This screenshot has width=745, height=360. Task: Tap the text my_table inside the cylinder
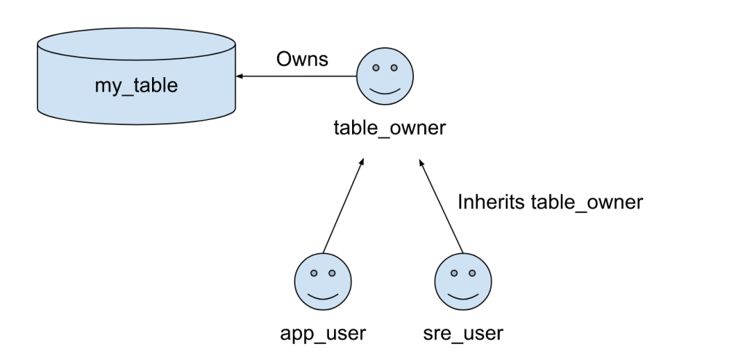tap(136, 86)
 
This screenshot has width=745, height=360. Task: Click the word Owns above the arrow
tap(302, 60)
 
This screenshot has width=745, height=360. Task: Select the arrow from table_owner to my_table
tap(298, 76)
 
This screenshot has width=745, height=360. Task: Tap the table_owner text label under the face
tap(389, 129)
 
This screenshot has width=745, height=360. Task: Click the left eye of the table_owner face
tap(376, 68)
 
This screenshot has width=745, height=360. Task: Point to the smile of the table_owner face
tap(385, 89)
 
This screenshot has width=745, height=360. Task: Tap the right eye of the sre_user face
tap(472, 274)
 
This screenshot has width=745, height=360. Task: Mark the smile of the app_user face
tap(322, 296)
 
